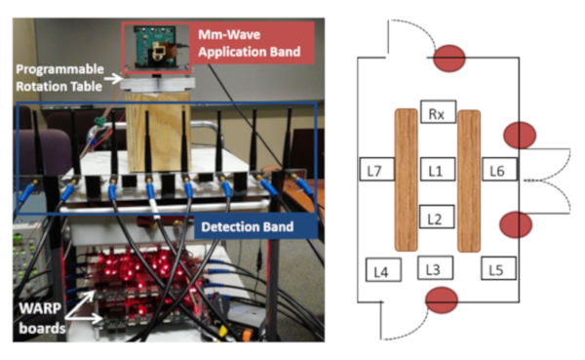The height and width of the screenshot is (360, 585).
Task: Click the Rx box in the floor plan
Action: (x=438, y=111)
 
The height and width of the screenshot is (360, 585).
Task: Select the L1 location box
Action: (x=438, y=170)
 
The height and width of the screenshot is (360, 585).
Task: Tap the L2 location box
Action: (x=437, y=217)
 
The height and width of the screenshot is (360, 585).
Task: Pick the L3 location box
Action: (x=435, y=267)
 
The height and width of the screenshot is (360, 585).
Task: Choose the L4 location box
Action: (x=383, y=269)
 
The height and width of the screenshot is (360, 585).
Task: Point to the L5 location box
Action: (x=498, y=268)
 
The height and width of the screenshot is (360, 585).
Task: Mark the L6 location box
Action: (x=499, y=169)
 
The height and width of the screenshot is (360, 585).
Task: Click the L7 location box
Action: (x=376, y=169)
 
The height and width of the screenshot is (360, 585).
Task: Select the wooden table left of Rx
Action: (x=406, y=180)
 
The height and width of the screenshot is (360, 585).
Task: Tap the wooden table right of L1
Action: (x=469, y=180)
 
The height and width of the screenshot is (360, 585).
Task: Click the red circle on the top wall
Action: (x=449, y=59)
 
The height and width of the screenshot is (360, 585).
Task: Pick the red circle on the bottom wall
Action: (x=442, y=300)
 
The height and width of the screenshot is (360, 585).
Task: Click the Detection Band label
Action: (x=248, y=226)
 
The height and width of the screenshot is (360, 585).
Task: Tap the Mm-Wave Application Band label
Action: (x=250, y=43)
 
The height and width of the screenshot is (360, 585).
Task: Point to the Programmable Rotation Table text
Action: (x=59, y=78)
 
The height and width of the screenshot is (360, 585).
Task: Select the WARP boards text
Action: (x=42, y=318)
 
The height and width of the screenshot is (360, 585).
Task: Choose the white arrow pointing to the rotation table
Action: (x=113, y=78)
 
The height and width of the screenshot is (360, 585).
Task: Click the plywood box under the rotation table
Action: (x=158, y=131)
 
